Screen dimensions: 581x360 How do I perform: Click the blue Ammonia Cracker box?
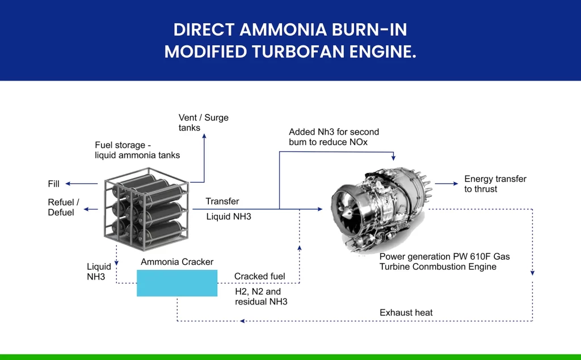pyautogui.click(x=177, y=283)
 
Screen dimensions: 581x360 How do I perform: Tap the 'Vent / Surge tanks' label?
pyautogui.click(x=204, y=122)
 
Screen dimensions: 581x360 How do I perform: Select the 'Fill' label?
pyautogui.click(x=54, y=184)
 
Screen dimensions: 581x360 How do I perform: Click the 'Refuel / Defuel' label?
pyautogui.click(x=64, y=207)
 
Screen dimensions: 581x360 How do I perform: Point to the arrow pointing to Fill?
pyautogui.click(x=82, y=184)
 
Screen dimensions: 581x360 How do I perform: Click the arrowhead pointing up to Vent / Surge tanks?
pyautogui.click(x=204, y=136)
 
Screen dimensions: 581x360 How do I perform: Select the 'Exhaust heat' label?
pyautogui.click(x=406, y=312)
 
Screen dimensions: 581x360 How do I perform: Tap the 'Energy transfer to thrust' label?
pyautogui.click(x=495, y=184)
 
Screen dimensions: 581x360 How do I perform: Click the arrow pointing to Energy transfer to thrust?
pyautogui.click(x=447, y=183)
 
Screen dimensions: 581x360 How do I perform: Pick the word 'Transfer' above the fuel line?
pyautogui.click(x=222, y=201)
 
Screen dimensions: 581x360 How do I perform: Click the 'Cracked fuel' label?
pyautogui.click(x=260, y=276)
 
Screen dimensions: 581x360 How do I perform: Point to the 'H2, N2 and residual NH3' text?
pyautogui.click(x=261, y=297)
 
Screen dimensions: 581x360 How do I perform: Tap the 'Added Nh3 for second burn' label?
pyautogui.click(x=334, y=137)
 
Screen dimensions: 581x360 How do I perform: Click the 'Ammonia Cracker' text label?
pyautogui.click(x=177, y=262)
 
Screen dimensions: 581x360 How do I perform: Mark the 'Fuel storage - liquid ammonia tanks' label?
pyautogui.click(x=137, y=150)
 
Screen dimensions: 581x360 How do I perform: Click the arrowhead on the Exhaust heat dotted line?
pyautogui.click(x=242, y=321)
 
